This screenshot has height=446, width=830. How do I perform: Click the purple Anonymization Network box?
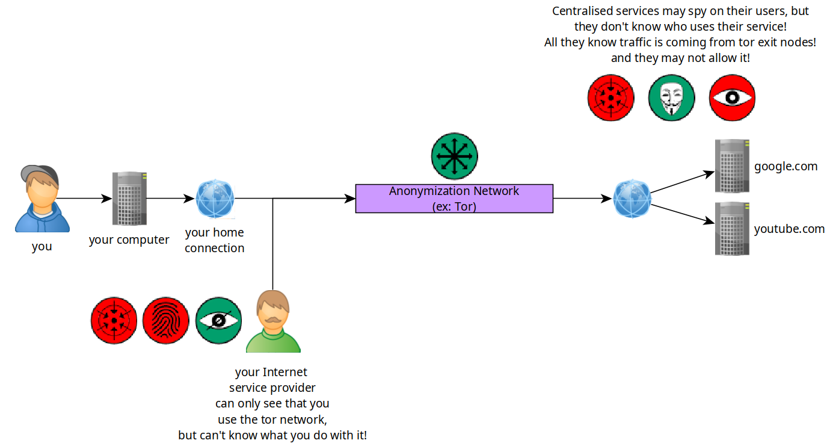[x=454, y=199]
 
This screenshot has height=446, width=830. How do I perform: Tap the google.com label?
[x=785, y=167]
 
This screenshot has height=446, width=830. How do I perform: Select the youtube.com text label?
[x=789, y=229]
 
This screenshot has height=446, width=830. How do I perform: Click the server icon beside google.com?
[x=732, y=166]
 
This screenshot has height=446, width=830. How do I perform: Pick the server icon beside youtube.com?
[x=732, y=229]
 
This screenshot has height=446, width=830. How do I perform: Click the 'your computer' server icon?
[x=129, y=199]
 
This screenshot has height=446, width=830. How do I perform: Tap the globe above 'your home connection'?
[x=215, y=199]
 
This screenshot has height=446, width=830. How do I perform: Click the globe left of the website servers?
[x=632, y=199]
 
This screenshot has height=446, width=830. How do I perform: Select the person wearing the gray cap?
[x=42, y=199]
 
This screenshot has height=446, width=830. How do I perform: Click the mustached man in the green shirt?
[x=273, y=321]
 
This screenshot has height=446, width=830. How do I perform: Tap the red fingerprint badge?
[x=165, y=320]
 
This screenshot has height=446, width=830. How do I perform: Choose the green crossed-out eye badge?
[x=218, y=320]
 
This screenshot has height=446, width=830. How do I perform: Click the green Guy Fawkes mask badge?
[x=671, y=98]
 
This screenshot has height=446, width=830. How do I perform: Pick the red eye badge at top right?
[x=732, y=98]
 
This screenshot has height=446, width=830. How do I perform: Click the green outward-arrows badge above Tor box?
[x=454, y=156]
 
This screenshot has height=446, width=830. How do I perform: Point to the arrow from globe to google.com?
[x=683, y=182]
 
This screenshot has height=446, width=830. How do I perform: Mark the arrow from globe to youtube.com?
[x=683, y=214]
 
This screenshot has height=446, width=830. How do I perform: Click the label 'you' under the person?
[x=42, y=247]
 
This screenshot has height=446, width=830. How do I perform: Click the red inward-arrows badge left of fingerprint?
[x=114, y=320]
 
